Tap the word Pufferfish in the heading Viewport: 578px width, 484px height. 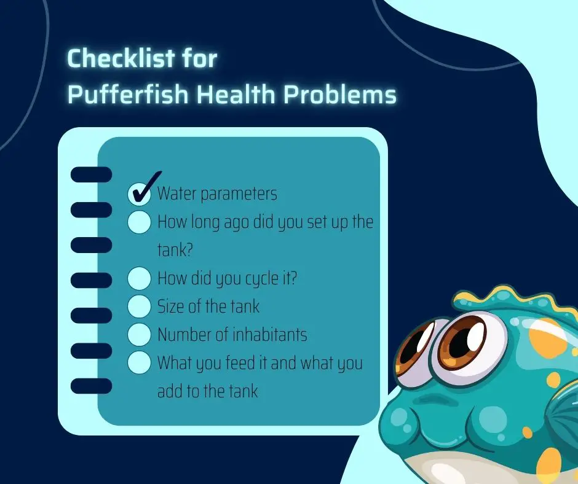click(x=128, y=95)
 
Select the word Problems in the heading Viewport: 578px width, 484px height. click(x=339, y=95)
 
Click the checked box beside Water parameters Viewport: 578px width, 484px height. click(x=140, y=193)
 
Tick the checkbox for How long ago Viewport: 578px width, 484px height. click(x=140, y=222)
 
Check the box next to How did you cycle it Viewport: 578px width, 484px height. click(x=140, y=278)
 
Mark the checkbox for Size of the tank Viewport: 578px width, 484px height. click(x=140, y=306)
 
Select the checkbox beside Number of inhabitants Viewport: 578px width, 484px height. click(x=140, y=335)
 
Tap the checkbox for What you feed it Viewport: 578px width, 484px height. click(x=140, y=363)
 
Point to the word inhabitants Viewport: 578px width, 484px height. click(x=270, y=335)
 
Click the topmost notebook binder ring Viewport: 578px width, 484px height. click(x=91, y=174)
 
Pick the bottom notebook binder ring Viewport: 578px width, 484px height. click(x=91, y=386)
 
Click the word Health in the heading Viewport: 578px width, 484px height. click(x=236, y=95)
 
